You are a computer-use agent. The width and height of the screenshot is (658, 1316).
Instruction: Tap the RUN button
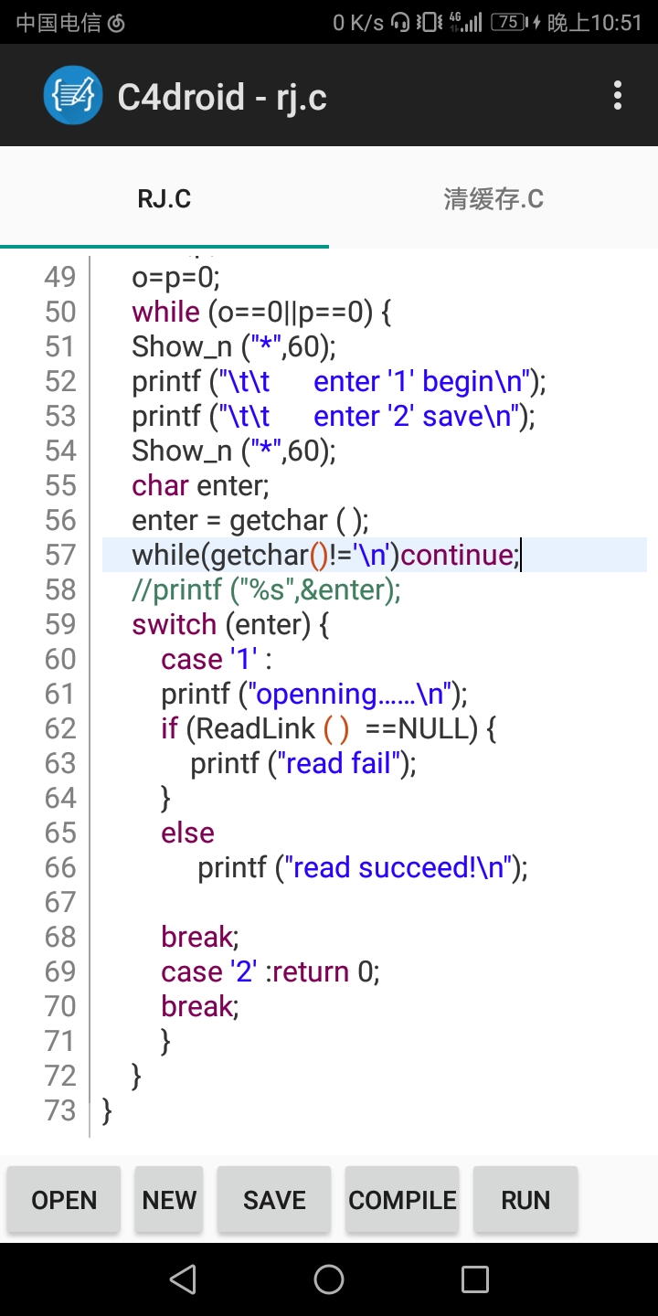pos(525,1200)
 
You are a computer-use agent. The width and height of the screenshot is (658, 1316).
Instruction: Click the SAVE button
pos(274,1200)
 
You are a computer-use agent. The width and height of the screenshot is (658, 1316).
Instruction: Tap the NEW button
pos(169,1200)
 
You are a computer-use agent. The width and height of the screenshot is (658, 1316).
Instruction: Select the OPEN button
pos(64,1200)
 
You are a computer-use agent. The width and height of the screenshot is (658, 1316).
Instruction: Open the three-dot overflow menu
pos(618,95)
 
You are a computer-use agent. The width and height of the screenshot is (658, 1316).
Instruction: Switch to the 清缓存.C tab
pos(493,198)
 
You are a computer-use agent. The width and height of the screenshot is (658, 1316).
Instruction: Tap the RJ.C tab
pos(164,198)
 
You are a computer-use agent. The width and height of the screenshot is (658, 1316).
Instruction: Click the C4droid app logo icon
pos(73,95)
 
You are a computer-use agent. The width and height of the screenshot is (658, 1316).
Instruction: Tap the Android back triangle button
pos(183,1279)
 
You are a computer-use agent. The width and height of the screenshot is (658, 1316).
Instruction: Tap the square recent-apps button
pos(474,1279)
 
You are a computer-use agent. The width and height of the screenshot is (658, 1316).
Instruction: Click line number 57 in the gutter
pos(60,556)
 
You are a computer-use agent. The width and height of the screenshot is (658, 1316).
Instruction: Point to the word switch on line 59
pos(174,624)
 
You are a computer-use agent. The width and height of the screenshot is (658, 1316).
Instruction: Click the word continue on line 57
pos(456,556)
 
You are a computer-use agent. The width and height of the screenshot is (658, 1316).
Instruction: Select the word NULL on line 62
pos(438,728)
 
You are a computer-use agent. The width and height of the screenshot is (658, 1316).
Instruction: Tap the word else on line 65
pos(188,833)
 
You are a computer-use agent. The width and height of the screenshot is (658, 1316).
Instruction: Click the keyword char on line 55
pos(160,486)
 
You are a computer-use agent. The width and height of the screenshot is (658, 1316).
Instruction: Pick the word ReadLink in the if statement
pos(255,728)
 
